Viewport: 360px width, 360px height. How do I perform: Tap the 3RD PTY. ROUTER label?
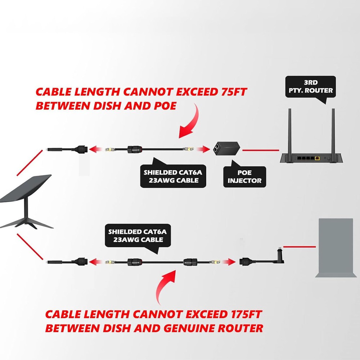coord(310,86)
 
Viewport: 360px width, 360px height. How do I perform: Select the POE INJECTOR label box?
coord(244,176)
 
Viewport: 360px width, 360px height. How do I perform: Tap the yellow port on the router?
coord(317,158)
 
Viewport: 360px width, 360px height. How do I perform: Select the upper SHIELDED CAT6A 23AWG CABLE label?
coord(173,176)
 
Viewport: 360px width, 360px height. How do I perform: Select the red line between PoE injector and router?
coord(261,150)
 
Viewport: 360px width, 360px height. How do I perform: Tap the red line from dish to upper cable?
coord(30,162)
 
